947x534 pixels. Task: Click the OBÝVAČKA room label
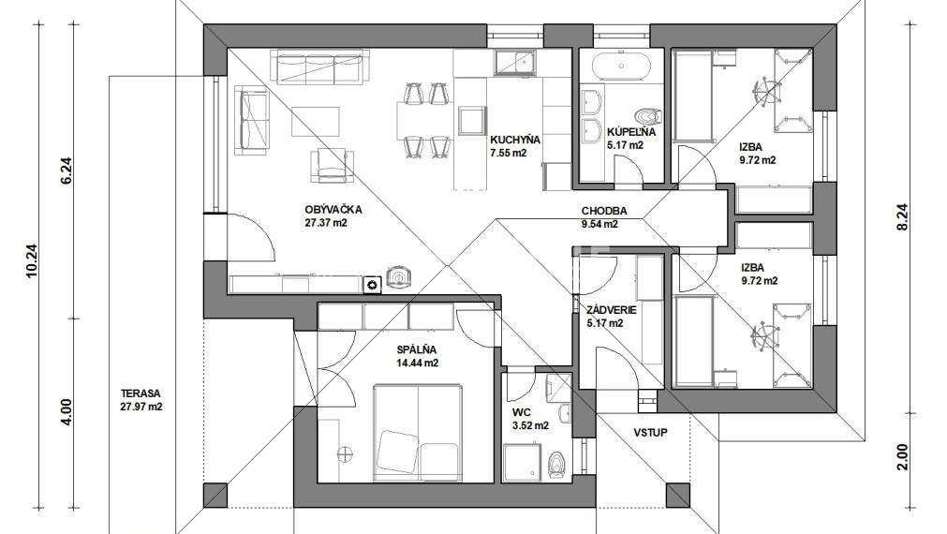pos(333,210)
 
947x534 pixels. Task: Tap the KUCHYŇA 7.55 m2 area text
pos(508,153)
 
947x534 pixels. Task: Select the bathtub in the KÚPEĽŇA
pos(621,67)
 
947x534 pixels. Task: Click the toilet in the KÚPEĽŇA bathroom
pos(648,115)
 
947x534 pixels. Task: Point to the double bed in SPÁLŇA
pos(416,433)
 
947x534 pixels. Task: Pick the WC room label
pos(521,412)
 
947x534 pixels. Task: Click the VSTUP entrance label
pos(650,433)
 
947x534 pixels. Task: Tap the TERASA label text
pos(141,393)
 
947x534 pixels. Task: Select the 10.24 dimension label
pos(32,260)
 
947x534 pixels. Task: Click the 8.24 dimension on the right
pos(902,216)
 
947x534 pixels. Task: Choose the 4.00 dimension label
pos(67,412)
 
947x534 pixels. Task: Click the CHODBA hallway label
pos(604,211)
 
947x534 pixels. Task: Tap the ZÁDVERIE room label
pos(612,310)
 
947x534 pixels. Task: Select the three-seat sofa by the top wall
pos(320,67)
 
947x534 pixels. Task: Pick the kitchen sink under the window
pos(514,62)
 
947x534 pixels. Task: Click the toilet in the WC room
pos(555,464)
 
